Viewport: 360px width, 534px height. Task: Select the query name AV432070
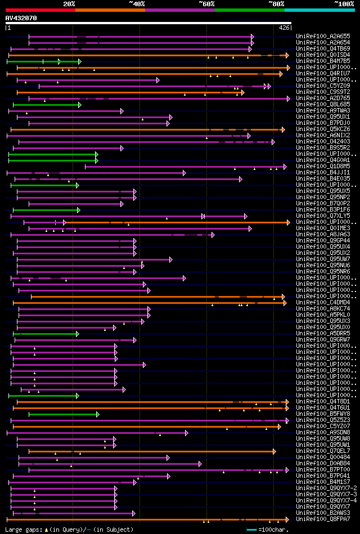[x=21, y=18]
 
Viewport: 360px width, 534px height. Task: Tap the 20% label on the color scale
[x=69, y=4]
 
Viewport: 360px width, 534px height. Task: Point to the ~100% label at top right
[x=343, y=4]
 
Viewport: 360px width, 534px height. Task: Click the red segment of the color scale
[x=39, y=10]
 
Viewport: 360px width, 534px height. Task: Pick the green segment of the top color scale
[x=249, y=10]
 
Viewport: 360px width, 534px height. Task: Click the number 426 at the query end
[x=285, y=28]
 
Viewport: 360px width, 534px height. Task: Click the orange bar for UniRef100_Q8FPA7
[x=146, y=519]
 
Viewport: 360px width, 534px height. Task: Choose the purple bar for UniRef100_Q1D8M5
[x=186, y=167]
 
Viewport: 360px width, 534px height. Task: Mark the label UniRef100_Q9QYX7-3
[x=326, y=495]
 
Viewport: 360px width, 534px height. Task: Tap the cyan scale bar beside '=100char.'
[x=251, y=529]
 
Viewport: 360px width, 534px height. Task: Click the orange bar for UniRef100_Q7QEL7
[x=152, y=451]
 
